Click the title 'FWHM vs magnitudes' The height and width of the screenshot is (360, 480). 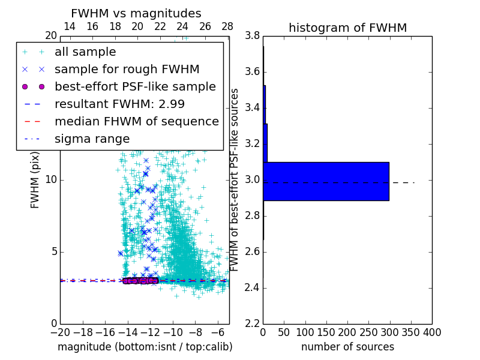(x=136, y=13)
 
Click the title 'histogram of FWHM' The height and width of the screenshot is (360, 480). (x=347, y=28)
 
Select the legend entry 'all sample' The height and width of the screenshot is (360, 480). (x=85, y=52)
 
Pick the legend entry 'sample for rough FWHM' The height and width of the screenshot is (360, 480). (x=127, y=69)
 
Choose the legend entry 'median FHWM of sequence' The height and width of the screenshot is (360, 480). (x=136, y=121)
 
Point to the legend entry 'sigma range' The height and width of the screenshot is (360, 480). (x=92, y=139)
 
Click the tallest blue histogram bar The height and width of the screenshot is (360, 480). (x=326, y=181)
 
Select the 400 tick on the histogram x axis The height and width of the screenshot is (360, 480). (x=432, y=332)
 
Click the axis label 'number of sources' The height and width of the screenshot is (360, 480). (x=347, y=347)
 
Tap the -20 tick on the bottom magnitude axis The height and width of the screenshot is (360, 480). (x=60, y=332)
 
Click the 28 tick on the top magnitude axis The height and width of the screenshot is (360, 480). (x=227, y=26)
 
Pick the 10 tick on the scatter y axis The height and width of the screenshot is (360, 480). (x=51, y=180)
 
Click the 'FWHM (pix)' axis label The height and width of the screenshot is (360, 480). (x=35, y=180)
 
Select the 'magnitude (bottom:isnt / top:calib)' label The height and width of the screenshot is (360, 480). (x=145, y=347)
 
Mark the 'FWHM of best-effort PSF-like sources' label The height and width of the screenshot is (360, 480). (x=235, y=180)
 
